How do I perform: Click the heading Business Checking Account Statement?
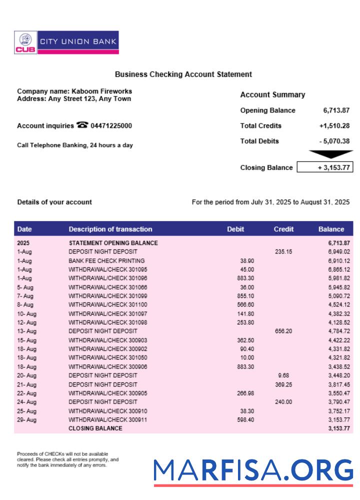point(183,74)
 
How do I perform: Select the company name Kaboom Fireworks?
point(102,91)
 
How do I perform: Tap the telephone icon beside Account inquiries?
point(81,125)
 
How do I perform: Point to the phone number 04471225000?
point(111,126)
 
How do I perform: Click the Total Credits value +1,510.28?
point(334,126)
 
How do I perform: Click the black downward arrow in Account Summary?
point(330,154)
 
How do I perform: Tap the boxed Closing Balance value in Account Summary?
point(325,167)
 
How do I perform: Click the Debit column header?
point(235,229)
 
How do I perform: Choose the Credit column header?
point(283,229)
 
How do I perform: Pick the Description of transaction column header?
point(110,229)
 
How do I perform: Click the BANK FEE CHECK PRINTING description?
point(106,261)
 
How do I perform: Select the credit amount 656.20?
point(283,331)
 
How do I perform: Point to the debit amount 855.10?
point(244,296)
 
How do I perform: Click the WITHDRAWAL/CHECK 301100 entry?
point(108,304)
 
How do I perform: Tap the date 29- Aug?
point(27,420)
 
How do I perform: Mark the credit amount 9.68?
point(283,375)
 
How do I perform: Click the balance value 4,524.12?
point(339,304)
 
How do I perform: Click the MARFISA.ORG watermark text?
point(253,470)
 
